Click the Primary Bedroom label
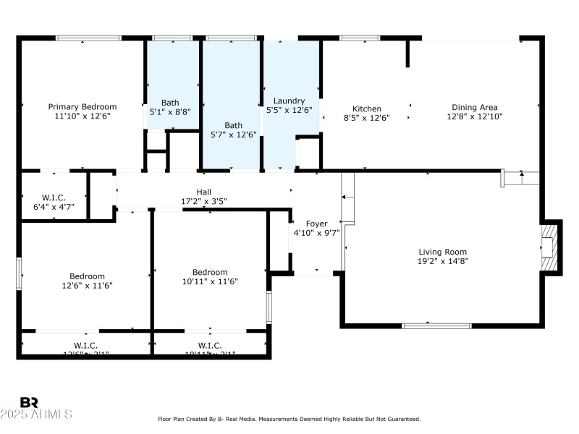point(82,106)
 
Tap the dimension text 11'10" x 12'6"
point(82,116)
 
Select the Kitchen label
point(366,109)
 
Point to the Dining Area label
point(474,107)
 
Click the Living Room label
point(442,252)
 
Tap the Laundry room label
point(289,101)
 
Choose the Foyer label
point(316,224)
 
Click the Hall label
point(204,192)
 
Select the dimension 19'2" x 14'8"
point(442,261)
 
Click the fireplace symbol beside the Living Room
point(550,247)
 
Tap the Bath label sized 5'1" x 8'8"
point(170,103)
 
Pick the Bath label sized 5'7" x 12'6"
point(233,125)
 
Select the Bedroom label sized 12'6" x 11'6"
point(87,276)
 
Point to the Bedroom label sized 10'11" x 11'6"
point(210,272)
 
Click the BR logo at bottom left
point(29,402)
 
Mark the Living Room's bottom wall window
point(431,325)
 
